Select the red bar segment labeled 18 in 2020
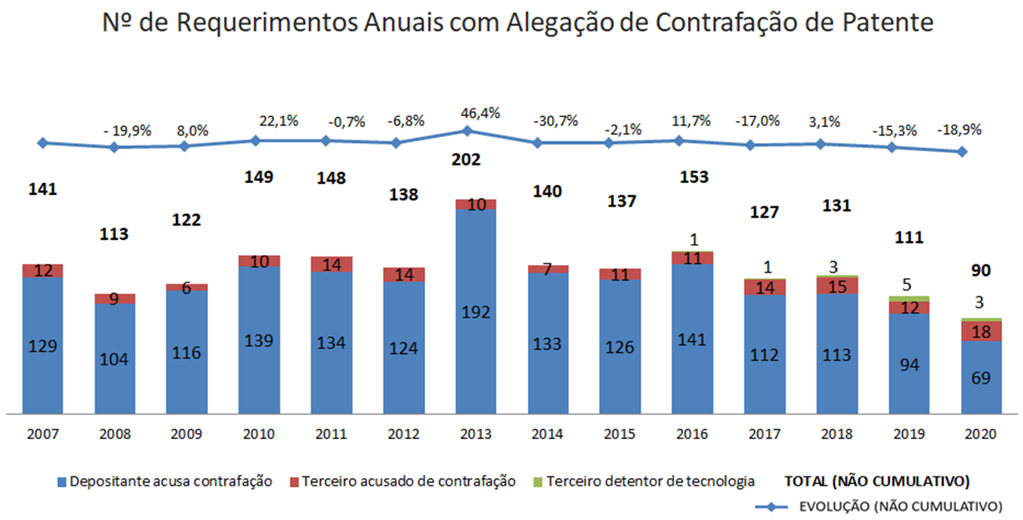tap(980, 331)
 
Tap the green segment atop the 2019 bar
tap(909, 298)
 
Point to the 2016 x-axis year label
tap(691, 435)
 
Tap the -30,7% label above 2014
tap(555, 120)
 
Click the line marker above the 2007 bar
tap(42, 143)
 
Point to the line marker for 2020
tap(963, 151)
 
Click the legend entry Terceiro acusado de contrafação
tap(401, 481)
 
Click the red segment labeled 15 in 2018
tap(838, 285)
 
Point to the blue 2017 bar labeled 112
tap(765, 355)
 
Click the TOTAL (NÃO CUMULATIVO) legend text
tap(876, 481)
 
